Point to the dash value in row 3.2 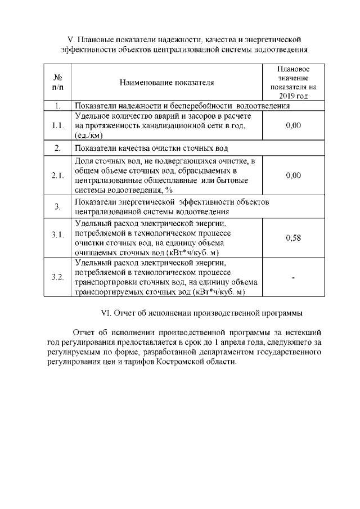click(x=293, y=277)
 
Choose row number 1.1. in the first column click(x=57, y=125)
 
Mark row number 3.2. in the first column click(x=57, y=277)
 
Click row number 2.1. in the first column click(x=57, y=176)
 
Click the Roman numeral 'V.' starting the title click(x=70, y=39)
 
